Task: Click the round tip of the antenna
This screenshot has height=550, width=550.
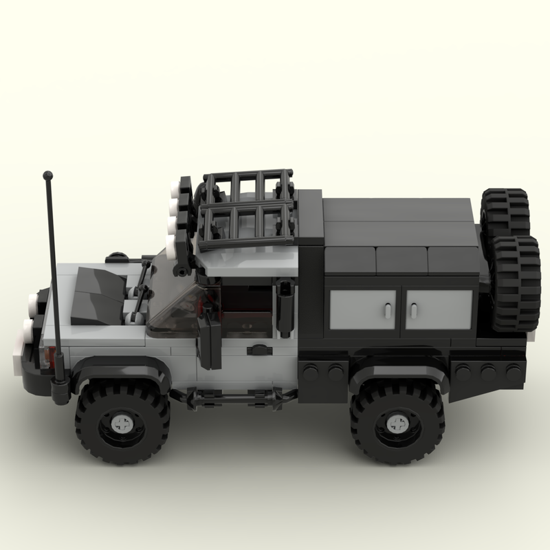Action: [x=48, y=176]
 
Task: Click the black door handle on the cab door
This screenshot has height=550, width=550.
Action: [x=259, y=350]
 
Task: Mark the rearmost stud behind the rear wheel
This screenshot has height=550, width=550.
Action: [x=512, y=372]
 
